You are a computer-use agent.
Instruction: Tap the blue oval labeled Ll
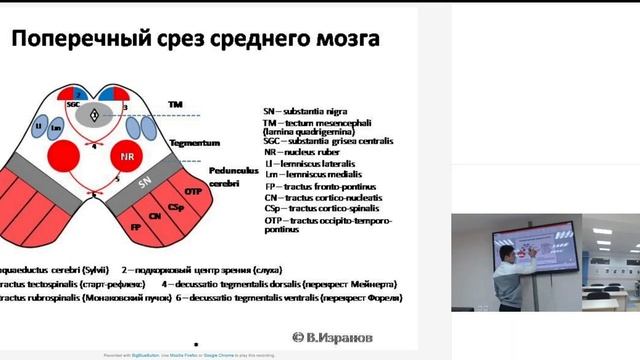pos(41,128)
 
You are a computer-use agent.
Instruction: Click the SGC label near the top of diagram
pos(73,104)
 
